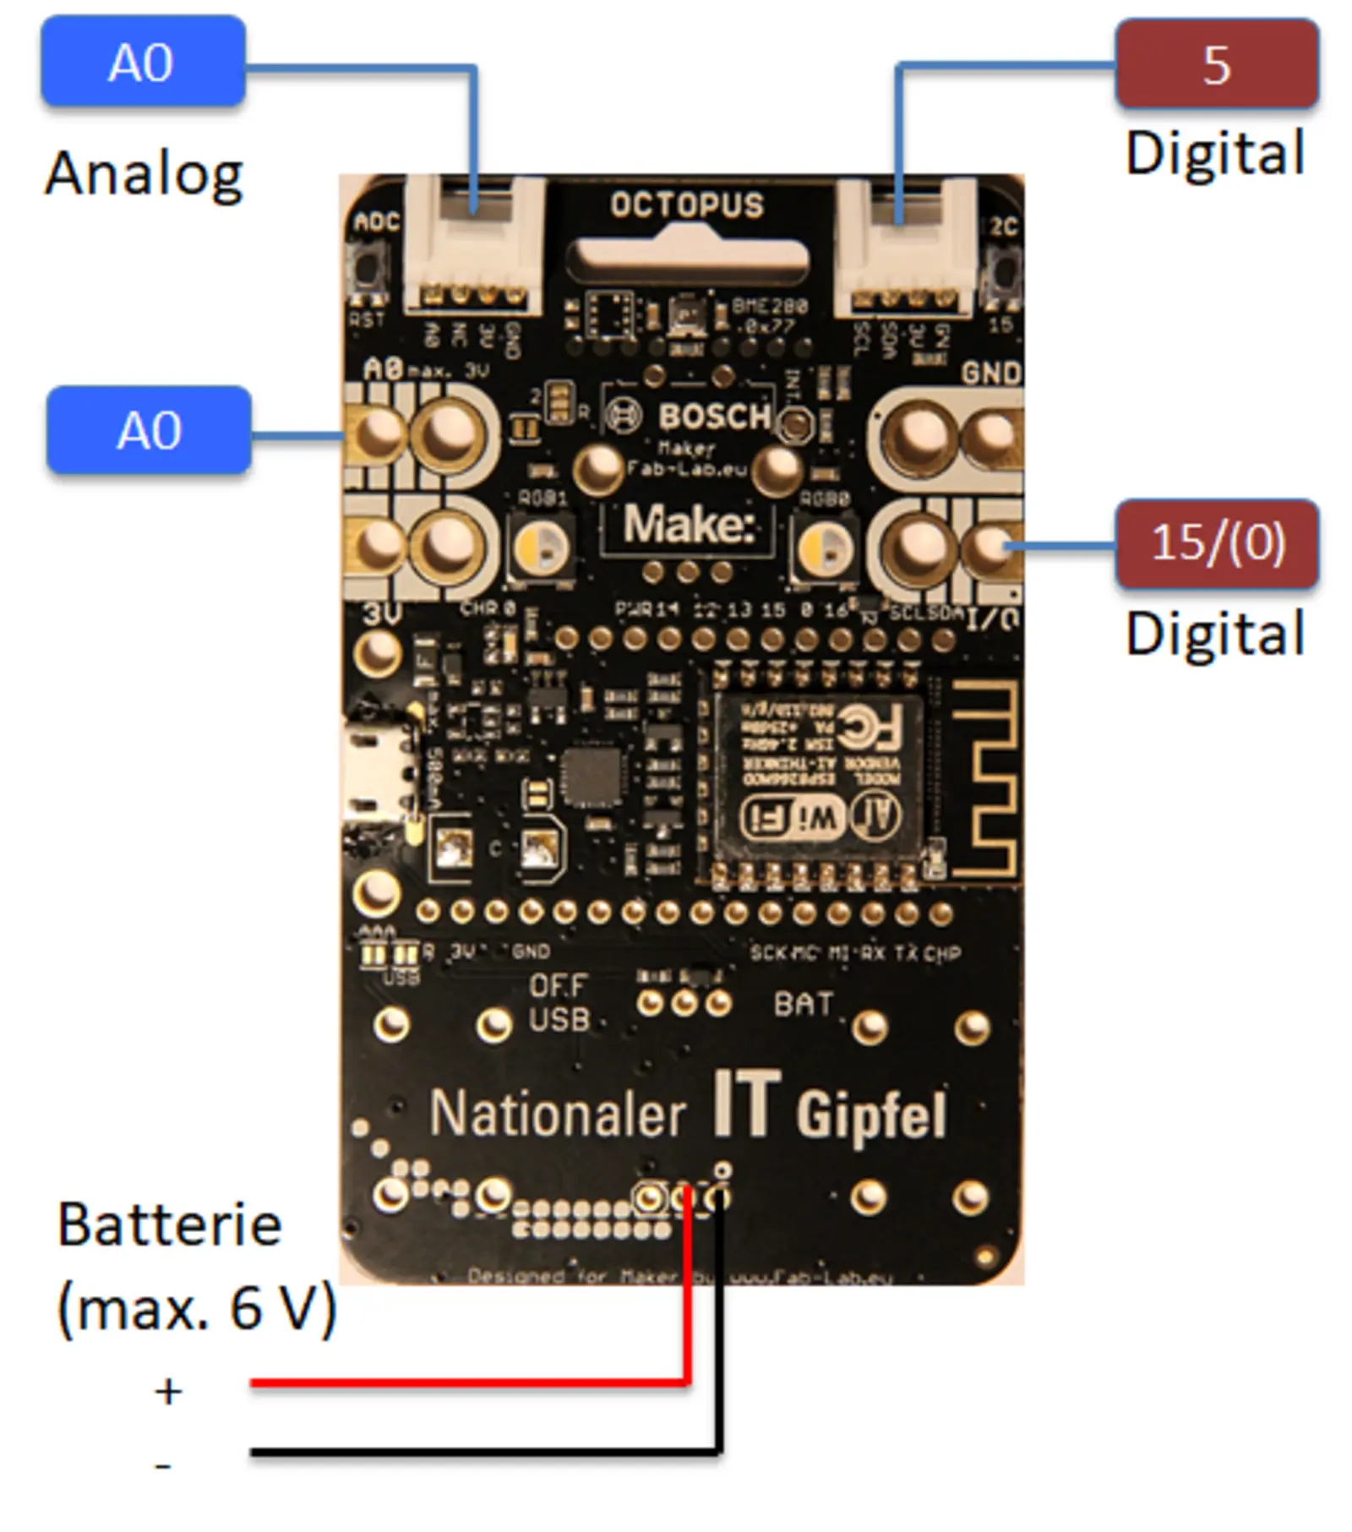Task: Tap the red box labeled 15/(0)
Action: tap(1216, 542)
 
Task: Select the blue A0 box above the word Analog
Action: tap(143, 63)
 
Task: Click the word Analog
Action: tap(144, 173)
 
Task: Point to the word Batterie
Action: tap(169, 1225)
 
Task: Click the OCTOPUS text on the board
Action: tap(686, 205)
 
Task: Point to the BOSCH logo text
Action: tap(714, 416)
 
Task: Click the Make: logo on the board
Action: tap(687, 526)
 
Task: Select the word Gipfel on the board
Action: tap(871, 1115)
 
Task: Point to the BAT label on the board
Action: tap(803, 1004)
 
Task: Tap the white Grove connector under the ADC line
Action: tap(473, 245)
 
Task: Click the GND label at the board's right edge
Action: tap(991, 373)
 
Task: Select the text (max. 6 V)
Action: tap(196, 1309)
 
